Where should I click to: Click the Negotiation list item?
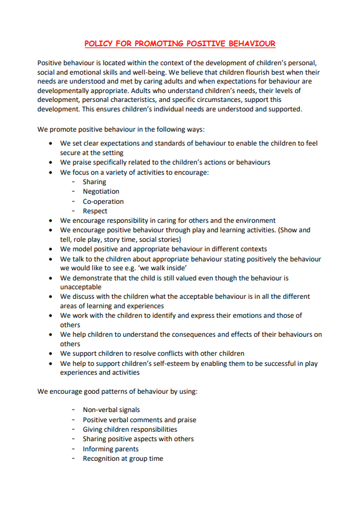(101, 191)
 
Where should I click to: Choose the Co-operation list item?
(103, 201)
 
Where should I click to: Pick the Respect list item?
(95, 211)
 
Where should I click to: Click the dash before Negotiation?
(74, 191)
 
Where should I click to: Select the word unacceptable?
(80, 287)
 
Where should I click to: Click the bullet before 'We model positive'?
(51, 249)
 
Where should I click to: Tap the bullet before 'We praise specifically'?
(51, 162)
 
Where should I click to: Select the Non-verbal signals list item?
(111, 410)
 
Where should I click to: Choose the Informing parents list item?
(110, 449)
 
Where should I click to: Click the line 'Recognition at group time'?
(123, 458)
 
